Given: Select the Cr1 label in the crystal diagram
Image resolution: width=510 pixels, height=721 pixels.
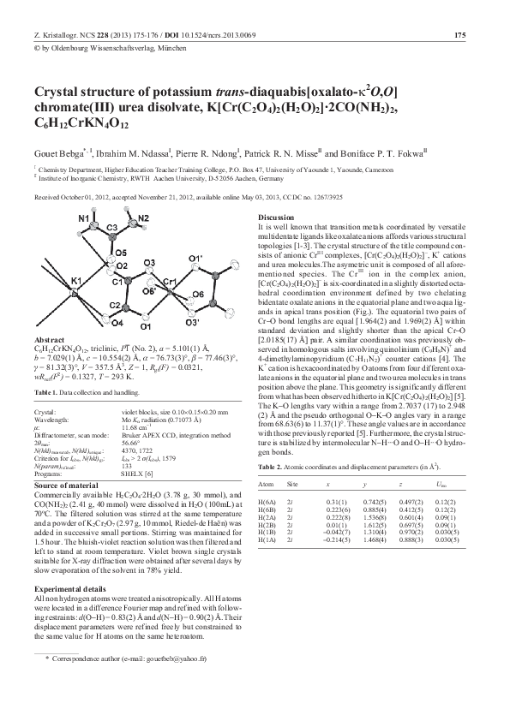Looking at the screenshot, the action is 168,283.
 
